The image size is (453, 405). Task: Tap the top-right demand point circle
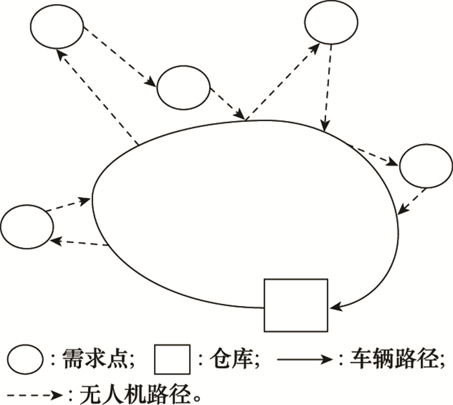pyautogui.click(x=331, y=23)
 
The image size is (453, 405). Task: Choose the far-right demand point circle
pyautogui.click(x=425, y=166)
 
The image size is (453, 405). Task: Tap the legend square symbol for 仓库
pyautogui.click(x=172, y=359)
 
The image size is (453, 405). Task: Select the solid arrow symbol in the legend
pyautogui.click(x=305, y=359)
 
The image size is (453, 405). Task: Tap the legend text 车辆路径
pyautogui.click(x=386, y=359)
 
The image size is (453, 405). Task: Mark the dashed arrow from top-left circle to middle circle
pyautogui.click(x=120, y=58)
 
